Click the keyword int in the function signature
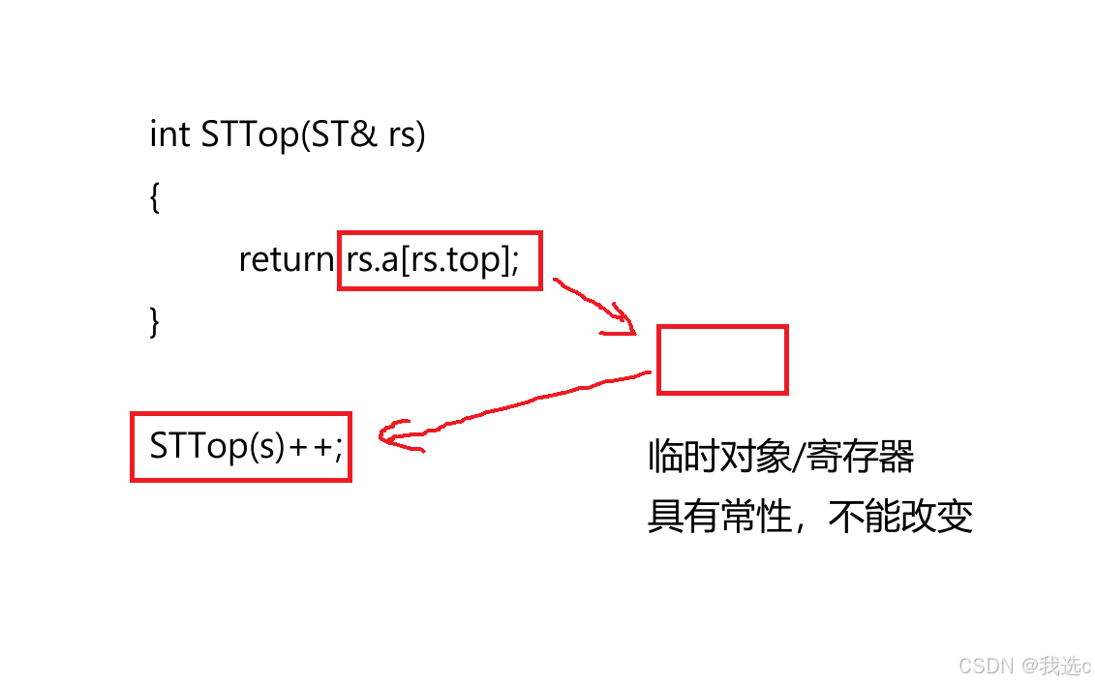pyautogui.click(x=169, y=134)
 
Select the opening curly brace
pyautogui.click(x=155, y=198)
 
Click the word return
pyautogui.click(x=286, y=259)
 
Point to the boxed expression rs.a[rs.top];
pyautogui.click(x=439, y=260)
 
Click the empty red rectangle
pyautogui.click(x=722, y=360)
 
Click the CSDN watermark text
pyautogui.click(x=980, y=666)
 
